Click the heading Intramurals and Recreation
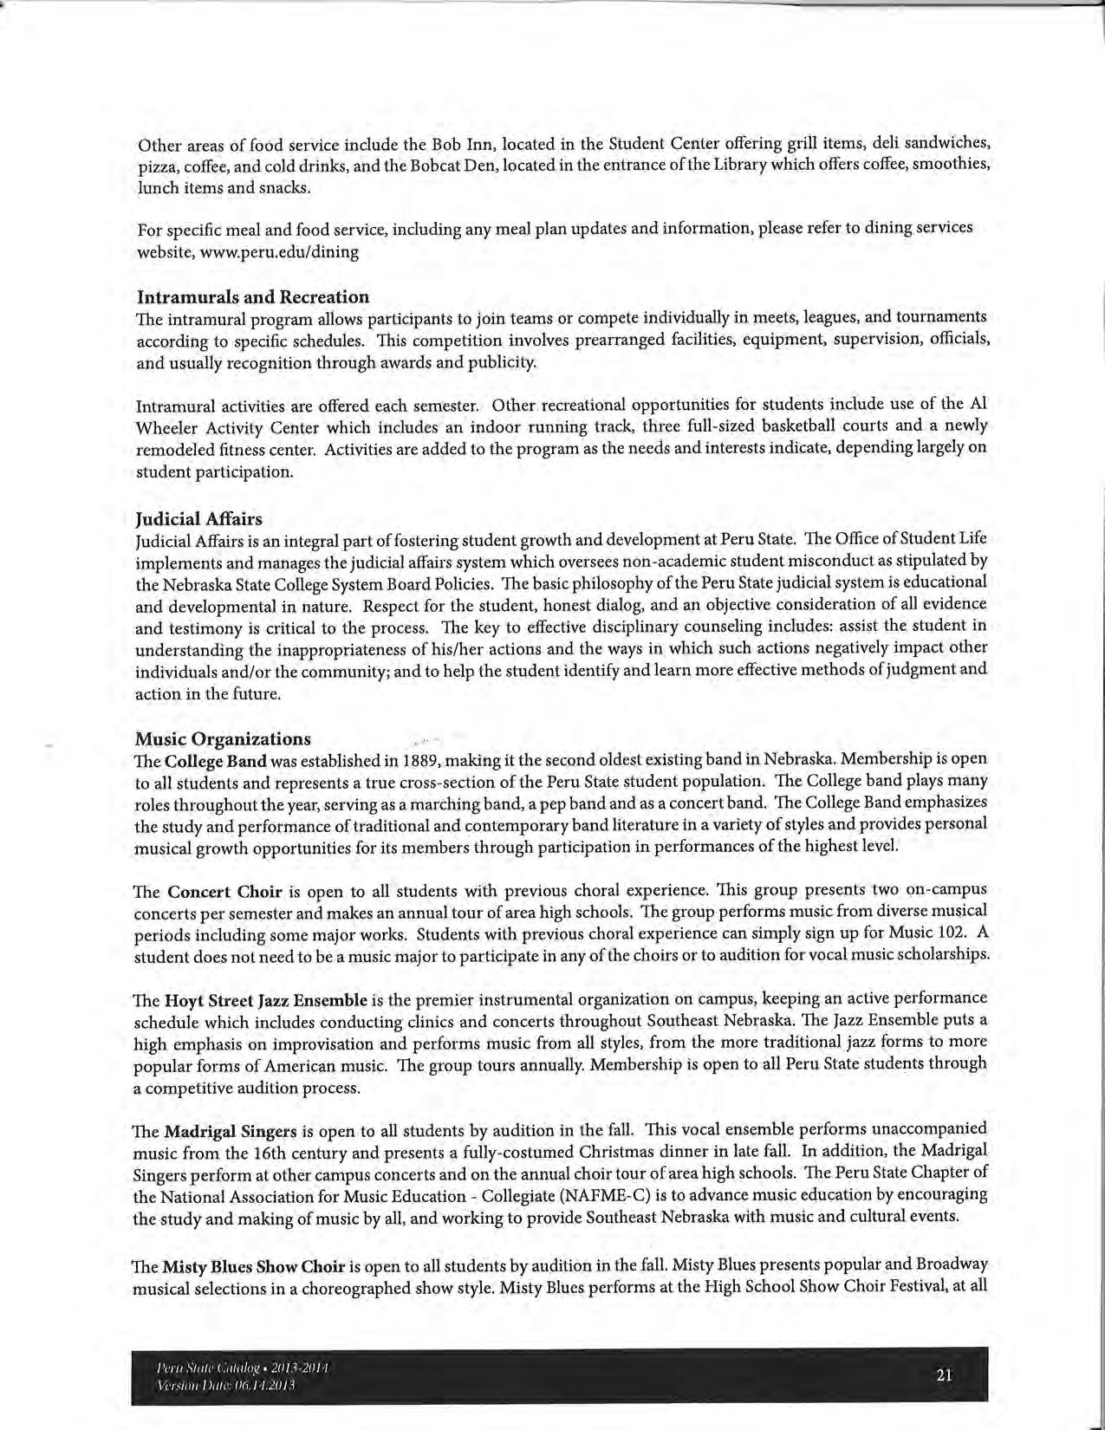pyautogui.click(x=253, y=296)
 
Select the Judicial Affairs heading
pyautogui.click(x=198, y=518)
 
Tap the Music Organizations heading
pyautogui.click(x=223, y=738)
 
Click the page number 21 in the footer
pyautogui.click(x=945, y=1374)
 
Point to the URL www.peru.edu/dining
pyautogui.click(x=291, y=252)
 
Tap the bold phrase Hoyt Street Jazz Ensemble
pyautogui.click(x=265, y=1000)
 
